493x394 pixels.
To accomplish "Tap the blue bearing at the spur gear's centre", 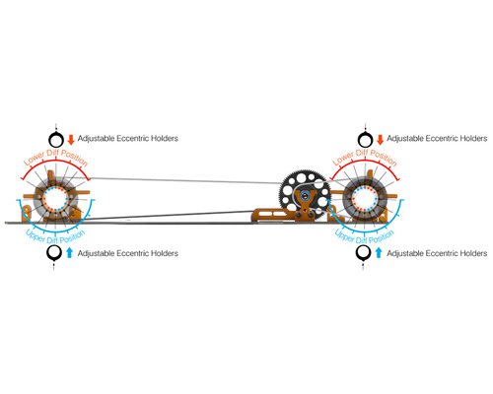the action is (305, 196).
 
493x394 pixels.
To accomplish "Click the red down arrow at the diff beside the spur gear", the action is (381, 140).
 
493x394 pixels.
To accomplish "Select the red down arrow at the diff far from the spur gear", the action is (71, 140).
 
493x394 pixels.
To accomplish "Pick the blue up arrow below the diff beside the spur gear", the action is (379, 253).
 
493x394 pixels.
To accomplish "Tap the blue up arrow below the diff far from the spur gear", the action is (69, 253).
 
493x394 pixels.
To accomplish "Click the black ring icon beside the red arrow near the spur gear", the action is (365, 140).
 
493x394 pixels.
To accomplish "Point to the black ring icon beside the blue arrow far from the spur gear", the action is (54, 253).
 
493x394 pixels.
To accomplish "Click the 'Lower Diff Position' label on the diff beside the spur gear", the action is (365, 157).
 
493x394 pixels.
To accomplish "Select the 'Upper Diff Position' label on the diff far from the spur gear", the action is (55, 237).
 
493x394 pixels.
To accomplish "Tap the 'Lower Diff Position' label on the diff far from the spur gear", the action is (56, 157).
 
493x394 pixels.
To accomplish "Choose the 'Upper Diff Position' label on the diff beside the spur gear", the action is (364, 237).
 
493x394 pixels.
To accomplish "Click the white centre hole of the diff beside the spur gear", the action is (365, 199).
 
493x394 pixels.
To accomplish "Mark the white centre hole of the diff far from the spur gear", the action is (55, 199).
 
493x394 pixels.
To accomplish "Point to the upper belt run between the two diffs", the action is (184, 180).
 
